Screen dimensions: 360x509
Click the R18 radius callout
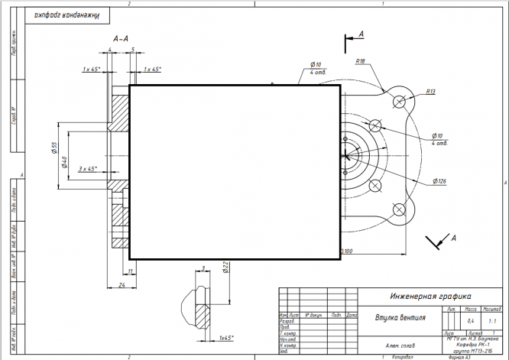tap(361, 61)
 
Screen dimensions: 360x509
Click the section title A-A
tap(120, 37)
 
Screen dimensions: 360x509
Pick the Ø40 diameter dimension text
tap(65, 162)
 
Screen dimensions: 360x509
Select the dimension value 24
tap(122, 284)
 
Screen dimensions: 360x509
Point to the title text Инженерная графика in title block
tap(430, 296)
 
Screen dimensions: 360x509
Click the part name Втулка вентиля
tap(400, 316)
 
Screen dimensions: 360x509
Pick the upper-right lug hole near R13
tap(399, 102)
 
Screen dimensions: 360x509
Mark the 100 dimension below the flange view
tap(348, 251)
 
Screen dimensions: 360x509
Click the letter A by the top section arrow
tap(362, 34)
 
